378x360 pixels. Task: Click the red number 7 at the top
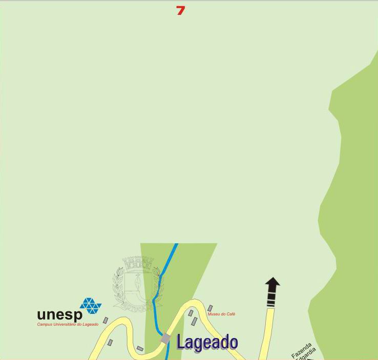(180, 10)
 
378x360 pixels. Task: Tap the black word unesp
(59, 314)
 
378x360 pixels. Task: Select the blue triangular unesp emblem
(91, 306)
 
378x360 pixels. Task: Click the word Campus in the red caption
(45, 325)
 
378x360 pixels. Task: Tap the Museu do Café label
(221, 314)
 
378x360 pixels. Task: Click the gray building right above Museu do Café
(210, 308)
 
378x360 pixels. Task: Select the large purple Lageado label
(207, 342)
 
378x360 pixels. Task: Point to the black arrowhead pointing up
(272, 283)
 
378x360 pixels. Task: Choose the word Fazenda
(301, 350)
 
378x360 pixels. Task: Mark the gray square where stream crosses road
(165, 338)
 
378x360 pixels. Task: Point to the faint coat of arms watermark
(137, 284)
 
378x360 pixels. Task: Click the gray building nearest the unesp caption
(106, 320)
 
